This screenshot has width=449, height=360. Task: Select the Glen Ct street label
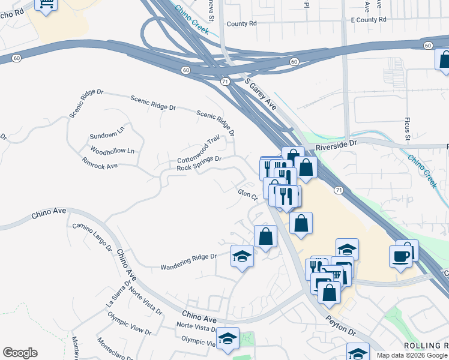coord(247,194)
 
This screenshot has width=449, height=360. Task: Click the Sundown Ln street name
coord(107,131)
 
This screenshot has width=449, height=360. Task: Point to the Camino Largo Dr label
coord(92,236)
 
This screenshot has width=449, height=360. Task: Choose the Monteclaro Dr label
coord(115,349)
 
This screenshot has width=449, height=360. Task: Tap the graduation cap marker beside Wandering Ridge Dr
coord(242,256)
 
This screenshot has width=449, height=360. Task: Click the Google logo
coord(20,353)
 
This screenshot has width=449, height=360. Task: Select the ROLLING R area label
coord(426,346)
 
